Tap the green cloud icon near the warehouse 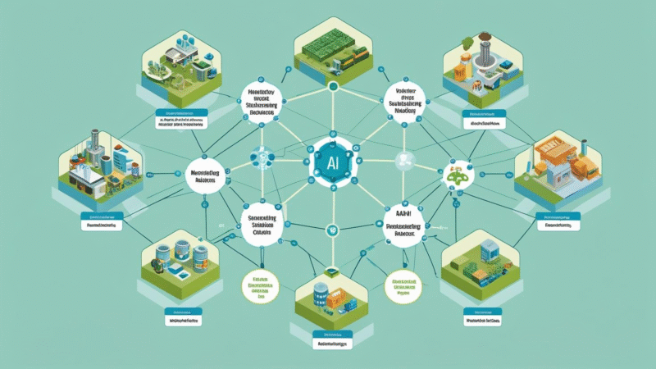click(454, 174)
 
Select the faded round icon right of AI click(402, 160)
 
